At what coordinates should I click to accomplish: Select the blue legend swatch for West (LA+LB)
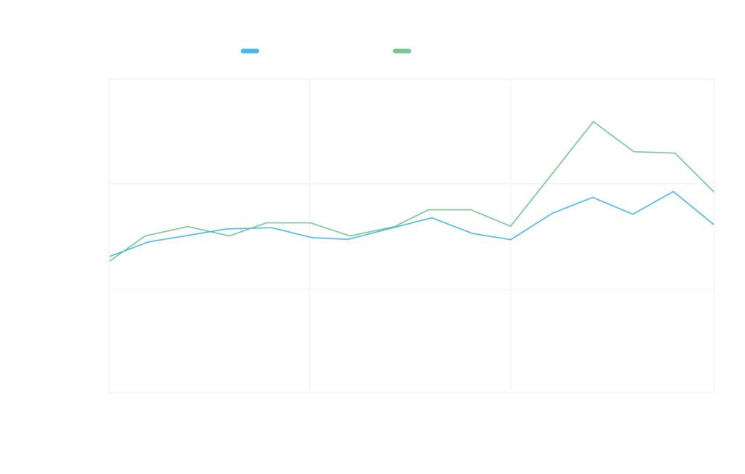pyautogui.click(x=250, y=51)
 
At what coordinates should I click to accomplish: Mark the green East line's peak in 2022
pyautogui.click(x=593, y=121)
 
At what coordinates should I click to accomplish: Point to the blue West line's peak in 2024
pyautogui.click(x=674, y=192)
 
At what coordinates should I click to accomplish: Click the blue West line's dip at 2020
pyautogui.click(x=511, y=239)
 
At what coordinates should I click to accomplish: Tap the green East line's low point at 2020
pyautogui.click(x=511, y=227)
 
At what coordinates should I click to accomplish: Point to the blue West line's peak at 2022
pyautogui.click(x=593, y=197)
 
